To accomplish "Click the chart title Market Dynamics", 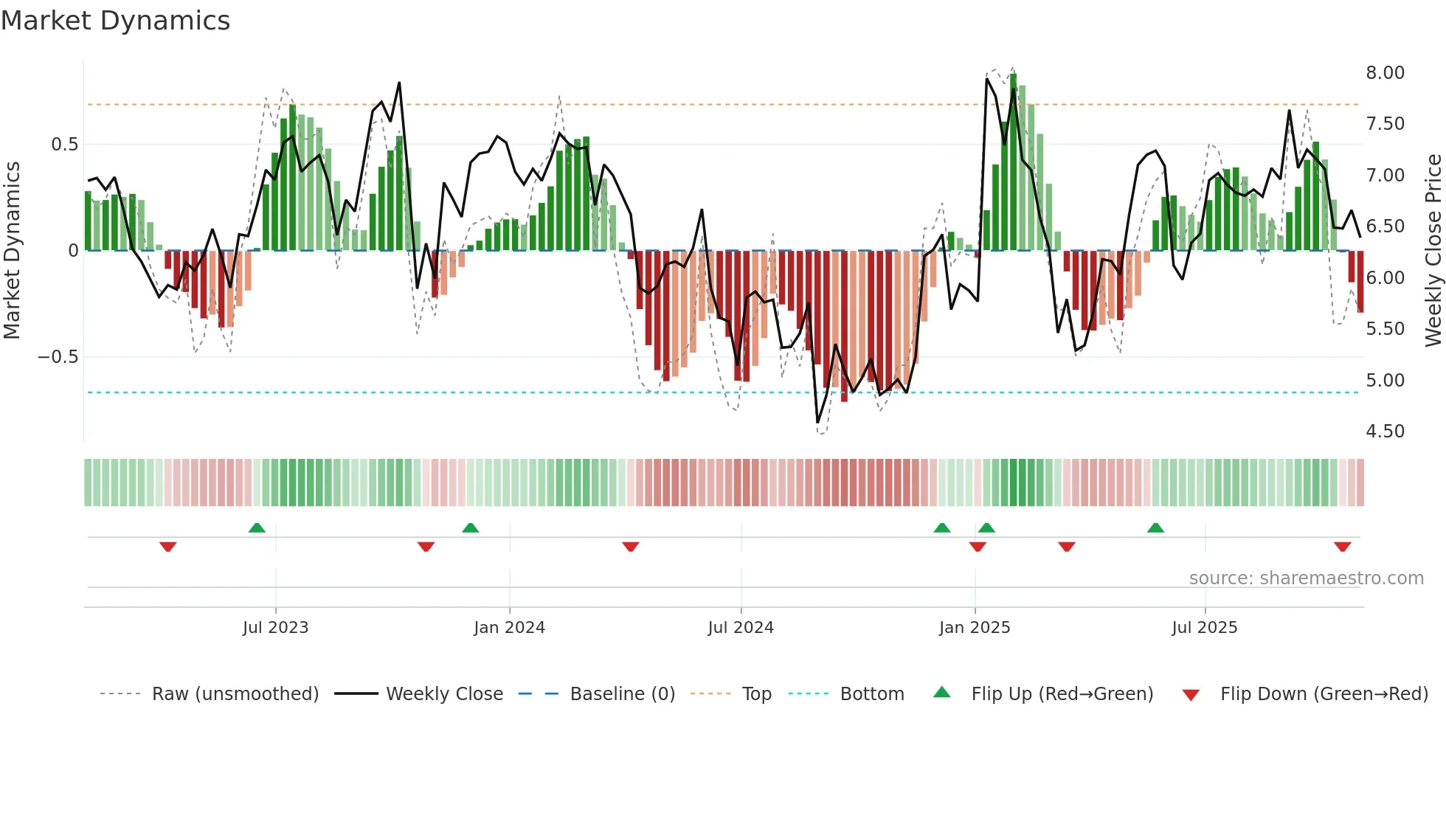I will (116, 21).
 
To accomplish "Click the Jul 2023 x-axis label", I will (275, 628).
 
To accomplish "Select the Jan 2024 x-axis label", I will (509, 628).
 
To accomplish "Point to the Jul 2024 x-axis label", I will (741, 628).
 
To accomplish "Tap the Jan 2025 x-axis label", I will (975, 628).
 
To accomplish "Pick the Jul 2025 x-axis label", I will (1205, 628).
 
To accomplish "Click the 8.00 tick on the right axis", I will (1385, 73).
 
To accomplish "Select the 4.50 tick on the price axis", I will (1385, 432).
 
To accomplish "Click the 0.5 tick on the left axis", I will (64, 145).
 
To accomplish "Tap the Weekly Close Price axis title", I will (1433, 250).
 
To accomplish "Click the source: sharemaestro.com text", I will (1306, 578).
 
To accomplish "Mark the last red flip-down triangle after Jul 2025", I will (1342, 547).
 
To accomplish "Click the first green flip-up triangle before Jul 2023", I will (257, 527).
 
